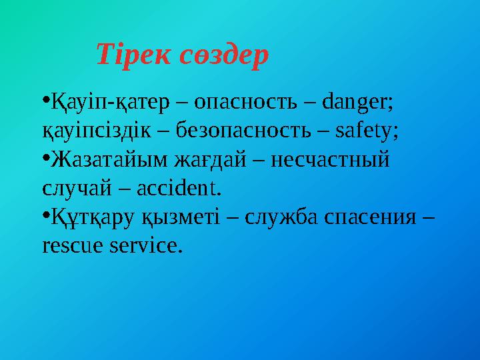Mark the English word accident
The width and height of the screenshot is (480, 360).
click(x=178, y=189)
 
